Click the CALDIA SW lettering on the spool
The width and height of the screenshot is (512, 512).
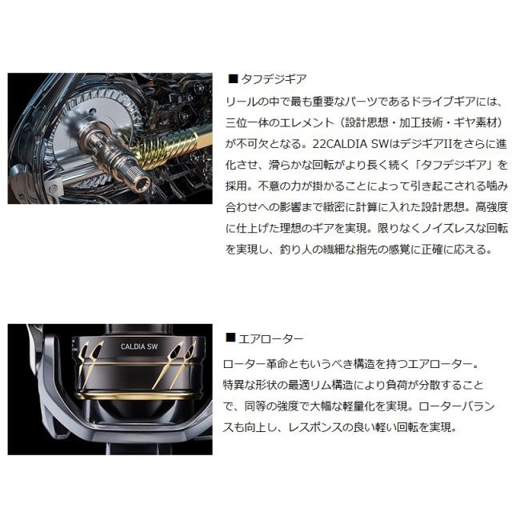point(122,350)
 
